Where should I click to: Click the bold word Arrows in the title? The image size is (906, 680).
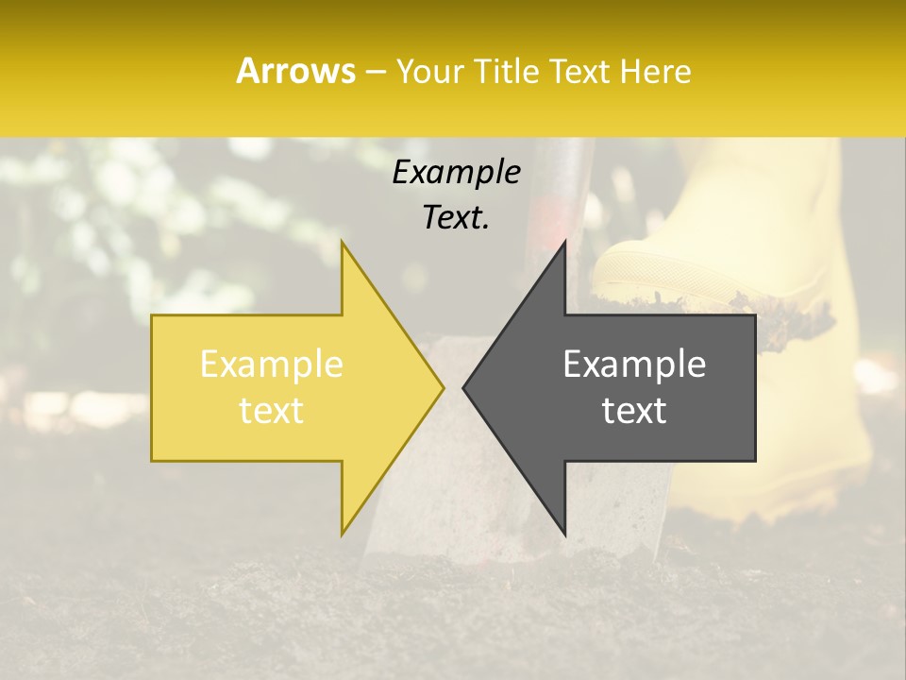pos(295,71)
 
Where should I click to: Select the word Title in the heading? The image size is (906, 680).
pos(505,72)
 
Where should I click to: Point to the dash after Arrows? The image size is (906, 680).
pos(376,72)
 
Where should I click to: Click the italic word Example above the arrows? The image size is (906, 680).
pos(456,172)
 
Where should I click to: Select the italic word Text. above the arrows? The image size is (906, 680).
pos(456,217)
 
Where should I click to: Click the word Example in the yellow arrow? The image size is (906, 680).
pos(272,365)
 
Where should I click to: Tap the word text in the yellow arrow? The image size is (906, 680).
pos(272,411)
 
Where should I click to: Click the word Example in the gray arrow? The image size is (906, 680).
pos(634,365)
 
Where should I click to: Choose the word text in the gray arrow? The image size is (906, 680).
pos(634,411)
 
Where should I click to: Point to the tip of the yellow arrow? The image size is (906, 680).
pos(443,387)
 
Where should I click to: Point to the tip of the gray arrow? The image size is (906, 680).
pos(464,387)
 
